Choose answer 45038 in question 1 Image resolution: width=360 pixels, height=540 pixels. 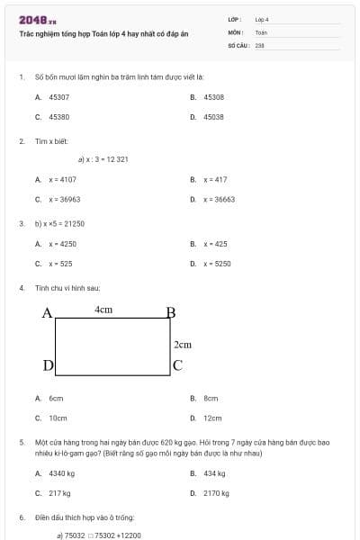(x=213, y=117)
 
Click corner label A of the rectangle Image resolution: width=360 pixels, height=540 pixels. (x=48, y=313)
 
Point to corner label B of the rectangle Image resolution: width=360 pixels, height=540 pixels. (x=171, y=313)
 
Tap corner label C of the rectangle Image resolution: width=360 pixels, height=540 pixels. (x=177, y=364)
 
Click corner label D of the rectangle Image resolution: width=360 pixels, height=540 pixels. (x=48, y=364)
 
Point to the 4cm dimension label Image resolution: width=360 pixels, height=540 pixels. (x=103, y=310)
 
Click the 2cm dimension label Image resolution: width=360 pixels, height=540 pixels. (x=183, y=344)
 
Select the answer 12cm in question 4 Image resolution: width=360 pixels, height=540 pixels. (x=212, y=418)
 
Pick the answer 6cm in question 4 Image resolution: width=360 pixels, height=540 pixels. (x=56, y=398)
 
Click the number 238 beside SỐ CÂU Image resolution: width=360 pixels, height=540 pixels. (x=260, y=44)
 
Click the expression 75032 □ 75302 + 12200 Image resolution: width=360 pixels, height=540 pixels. (x=102, y=535)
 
